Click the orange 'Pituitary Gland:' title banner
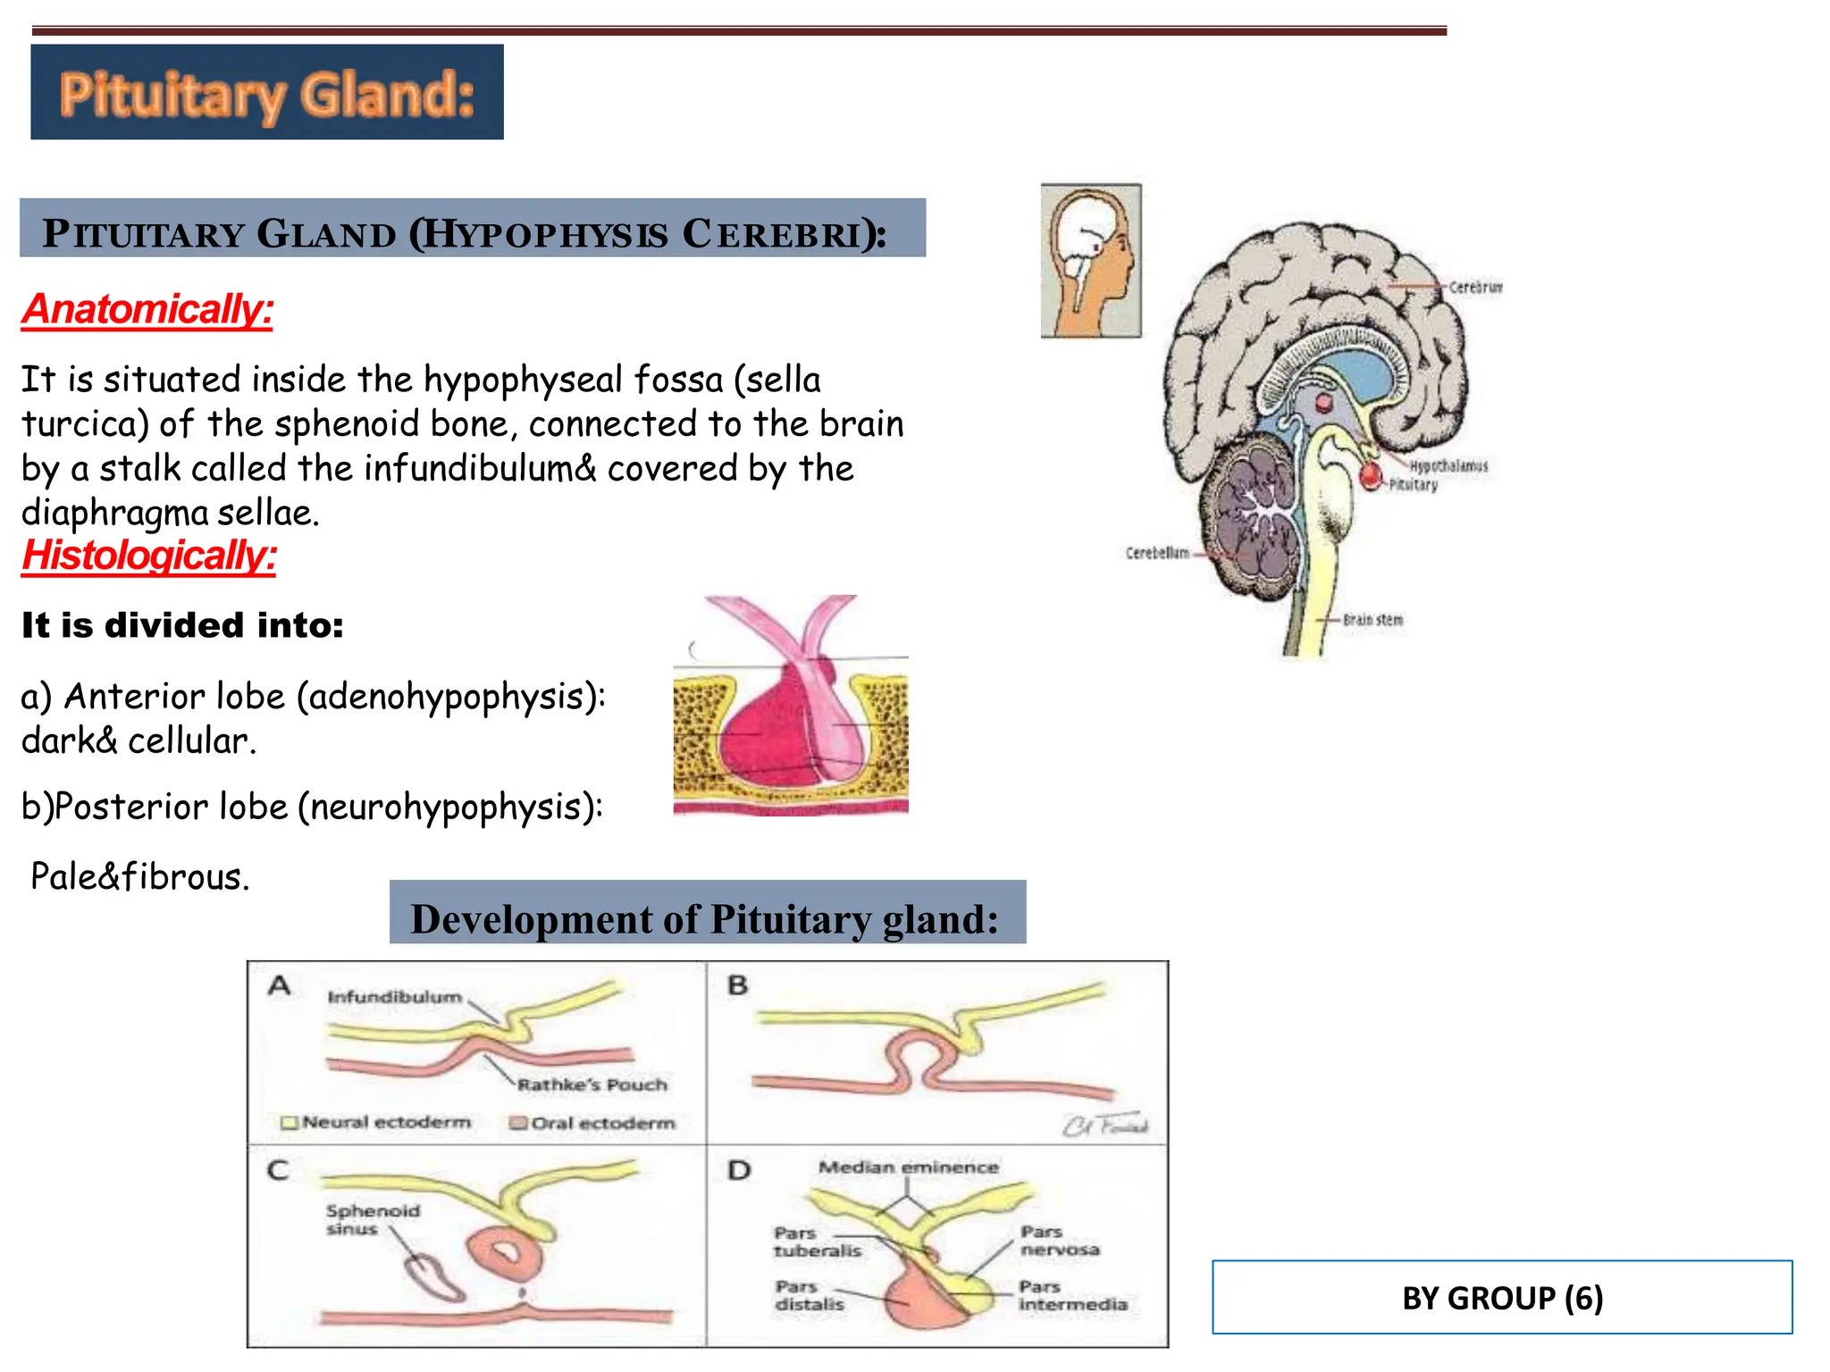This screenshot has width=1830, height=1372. tap(266, 93)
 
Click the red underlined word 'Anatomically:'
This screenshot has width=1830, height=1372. tap(147, 310)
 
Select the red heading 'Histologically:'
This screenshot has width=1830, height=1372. tap(149, 556)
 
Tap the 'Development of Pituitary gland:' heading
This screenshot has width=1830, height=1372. tap(705, 919)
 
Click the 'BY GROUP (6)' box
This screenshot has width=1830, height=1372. tap(1501, 1297)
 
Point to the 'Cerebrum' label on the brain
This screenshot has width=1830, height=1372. tap(1474, 288)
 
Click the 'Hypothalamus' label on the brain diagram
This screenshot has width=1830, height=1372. tap(1448, 466)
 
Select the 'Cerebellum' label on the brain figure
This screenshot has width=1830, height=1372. tap(1157, 553)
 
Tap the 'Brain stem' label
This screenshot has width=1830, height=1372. tap(1372, 620)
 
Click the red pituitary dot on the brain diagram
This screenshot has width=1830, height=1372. tap(1370, 475)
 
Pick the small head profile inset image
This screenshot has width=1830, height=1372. tap(1091, 261)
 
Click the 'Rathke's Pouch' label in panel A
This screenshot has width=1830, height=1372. tap(592, 1084)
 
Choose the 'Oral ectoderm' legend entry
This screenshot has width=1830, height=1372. tap(602, 1123)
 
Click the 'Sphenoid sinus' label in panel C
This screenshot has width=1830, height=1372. tap(372, 1219)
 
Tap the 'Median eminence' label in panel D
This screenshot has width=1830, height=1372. tap(908, 1167)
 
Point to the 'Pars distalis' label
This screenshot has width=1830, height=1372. tap(808, 1295)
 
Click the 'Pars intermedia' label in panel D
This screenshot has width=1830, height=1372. tap(1072, 1295)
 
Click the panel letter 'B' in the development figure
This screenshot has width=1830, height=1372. tap(737, 985)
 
